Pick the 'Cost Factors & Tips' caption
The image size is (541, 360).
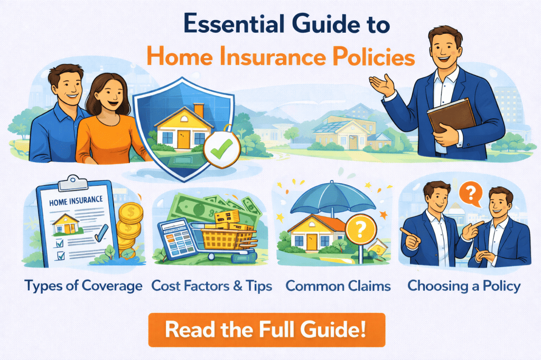click(x=211, y=286)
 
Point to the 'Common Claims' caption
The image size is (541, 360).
click(x=338, y=286)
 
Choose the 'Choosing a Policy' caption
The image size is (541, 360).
click(x=464, y=286)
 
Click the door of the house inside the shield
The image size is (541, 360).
click(x=183, y=139)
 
